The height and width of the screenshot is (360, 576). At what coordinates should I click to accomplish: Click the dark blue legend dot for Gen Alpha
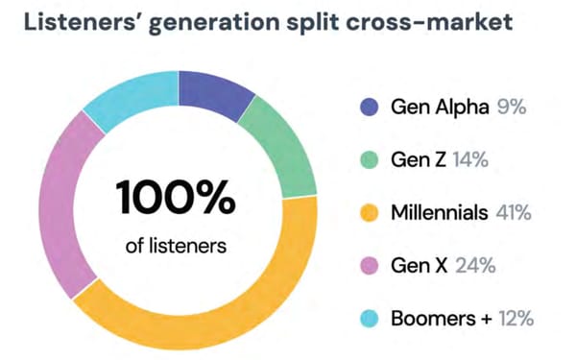pos(369,106)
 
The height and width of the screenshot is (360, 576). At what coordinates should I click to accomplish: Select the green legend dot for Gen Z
pos(369,159)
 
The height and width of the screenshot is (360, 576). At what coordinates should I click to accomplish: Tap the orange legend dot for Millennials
pos(369,212)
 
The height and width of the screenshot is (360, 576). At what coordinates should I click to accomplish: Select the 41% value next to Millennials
pos(513,212)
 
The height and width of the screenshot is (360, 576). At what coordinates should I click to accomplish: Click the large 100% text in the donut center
pos(176,199)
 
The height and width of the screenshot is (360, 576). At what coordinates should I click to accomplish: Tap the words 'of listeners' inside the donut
pos(176,246)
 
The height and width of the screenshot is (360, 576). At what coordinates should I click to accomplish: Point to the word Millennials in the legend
pos(439,212)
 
